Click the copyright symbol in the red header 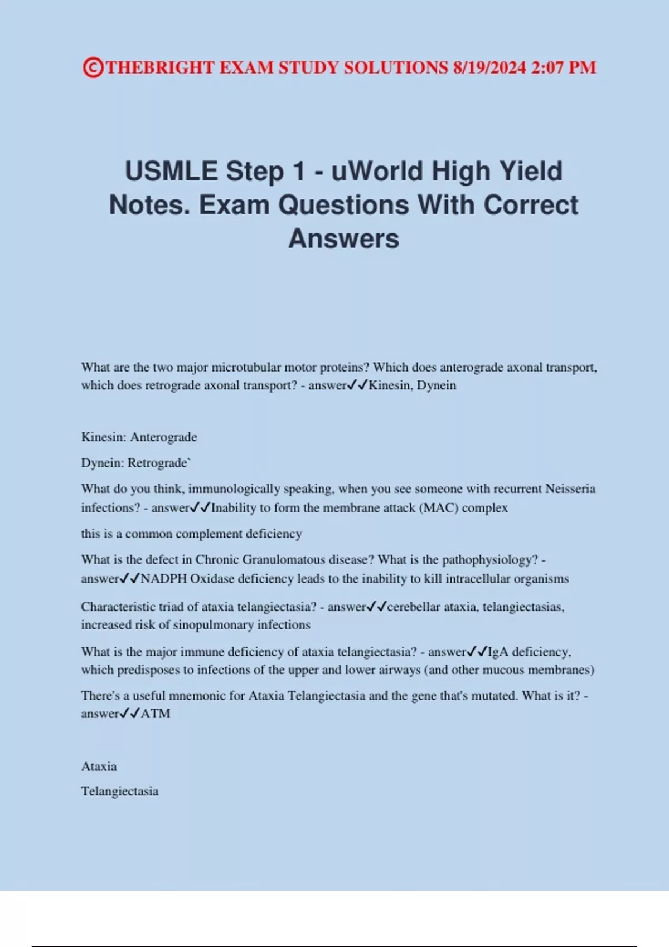93,67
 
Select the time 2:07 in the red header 547,67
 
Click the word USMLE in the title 171,171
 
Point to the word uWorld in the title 377,171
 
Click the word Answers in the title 343,238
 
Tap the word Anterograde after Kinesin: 163,437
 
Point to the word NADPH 163,579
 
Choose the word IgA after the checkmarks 498,652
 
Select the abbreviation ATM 156,714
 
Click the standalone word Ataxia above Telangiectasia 99,767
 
